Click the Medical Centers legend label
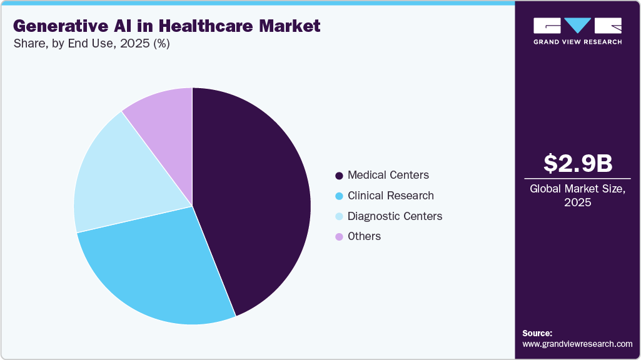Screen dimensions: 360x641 pos(388,175)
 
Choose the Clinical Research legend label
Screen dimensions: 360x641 pos(390,196)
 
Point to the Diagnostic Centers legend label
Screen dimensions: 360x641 pos(395,216)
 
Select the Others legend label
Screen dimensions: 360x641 pos(364,236)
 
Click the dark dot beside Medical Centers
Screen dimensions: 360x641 pos(339,176)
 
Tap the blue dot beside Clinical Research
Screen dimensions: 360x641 pos(339,196)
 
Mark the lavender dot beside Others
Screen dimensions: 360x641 pos(339,236)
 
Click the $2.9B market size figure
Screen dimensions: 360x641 pos(577,163)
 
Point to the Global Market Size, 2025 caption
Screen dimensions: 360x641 pos(577,196)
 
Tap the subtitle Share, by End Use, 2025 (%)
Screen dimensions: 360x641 pos(91,44)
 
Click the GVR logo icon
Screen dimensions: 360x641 pos(577,26)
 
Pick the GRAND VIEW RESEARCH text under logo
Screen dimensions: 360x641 pos(577,42)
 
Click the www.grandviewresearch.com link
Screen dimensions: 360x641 pos(577,344)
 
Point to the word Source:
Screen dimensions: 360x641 pos(537,333)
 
